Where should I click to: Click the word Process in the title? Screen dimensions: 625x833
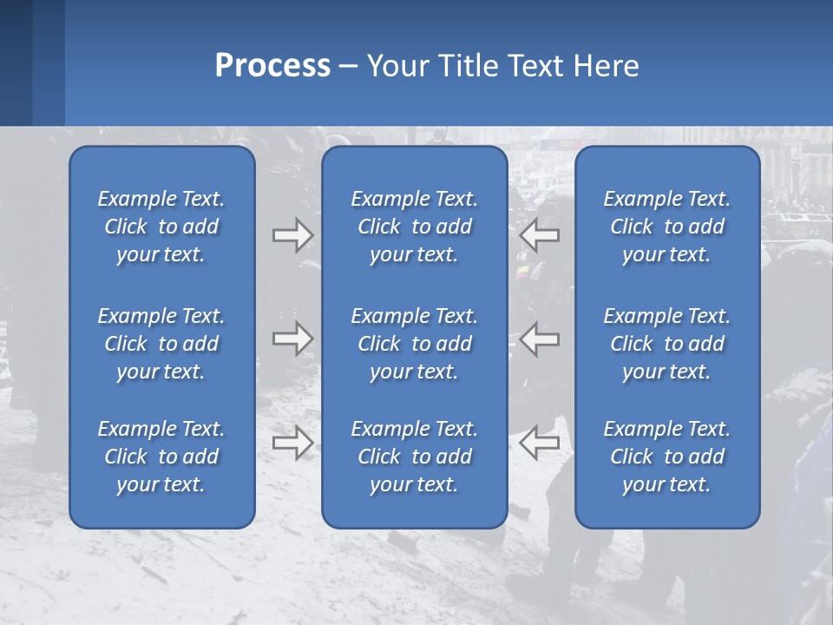(272, 66)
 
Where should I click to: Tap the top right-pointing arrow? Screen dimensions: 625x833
(293, 235)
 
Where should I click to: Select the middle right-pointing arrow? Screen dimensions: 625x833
(293, 339)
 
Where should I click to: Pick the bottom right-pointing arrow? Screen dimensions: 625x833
(293, 443)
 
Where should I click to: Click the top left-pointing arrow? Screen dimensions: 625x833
(539, 235)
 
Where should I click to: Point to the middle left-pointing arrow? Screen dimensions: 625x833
(539, 339)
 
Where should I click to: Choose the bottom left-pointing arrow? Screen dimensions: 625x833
(539, 443)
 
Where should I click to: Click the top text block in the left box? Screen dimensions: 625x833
(161, 227)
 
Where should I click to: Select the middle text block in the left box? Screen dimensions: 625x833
(161, 344)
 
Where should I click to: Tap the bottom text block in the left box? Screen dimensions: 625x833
(161, 457)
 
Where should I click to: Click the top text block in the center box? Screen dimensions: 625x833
(414, 227)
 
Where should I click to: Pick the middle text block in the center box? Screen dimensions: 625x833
(414, 344)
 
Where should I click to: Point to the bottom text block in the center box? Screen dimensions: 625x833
(414, 457)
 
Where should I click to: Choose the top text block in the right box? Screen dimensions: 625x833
(666, 227)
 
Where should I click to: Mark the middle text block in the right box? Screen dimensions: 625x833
(666, 344)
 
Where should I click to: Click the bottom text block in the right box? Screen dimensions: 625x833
(666, 457)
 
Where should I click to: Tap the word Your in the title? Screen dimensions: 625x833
(395, 66)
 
